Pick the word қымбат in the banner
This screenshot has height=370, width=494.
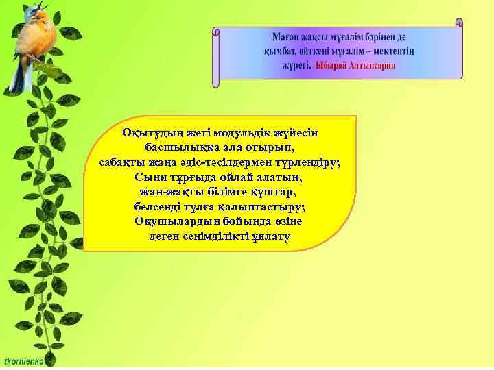[279, 51]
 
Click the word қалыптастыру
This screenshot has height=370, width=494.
[263, 206]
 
